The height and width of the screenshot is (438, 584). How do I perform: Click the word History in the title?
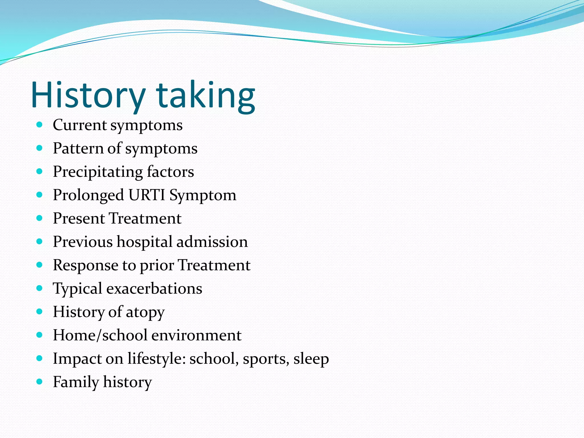coord(88,95)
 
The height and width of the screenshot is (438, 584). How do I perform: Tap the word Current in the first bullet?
coord(80,125)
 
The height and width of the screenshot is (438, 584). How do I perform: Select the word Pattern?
coord(78,148)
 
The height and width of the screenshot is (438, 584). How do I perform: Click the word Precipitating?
coord(98,172)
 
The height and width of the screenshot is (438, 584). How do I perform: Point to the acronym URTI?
coord(147,195)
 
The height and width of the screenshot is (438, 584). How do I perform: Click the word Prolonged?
coord(88,195)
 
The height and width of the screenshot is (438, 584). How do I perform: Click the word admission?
coord(212,242)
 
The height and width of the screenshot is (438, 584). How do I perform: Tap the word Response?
coord(86,265)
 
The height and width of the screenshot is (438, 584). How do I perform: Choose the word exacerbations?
coord(154,289)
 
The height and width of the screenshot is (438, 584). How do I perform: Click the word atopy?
coord(145,312)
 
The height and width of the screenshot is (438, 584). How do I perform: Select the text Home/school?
coord(100,335)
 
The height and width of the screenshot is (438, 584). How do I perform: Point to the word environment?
coord(196,335)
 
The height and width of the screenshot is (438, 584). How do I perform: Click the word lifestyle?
coord(157,358)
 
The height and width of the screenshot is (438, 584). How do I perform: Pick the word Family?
coord(76,382)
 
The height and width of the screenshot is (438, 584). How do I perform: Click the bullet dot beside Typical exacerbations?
coord(40,288)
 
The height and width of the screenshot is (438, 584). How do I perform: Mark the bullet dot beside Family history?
coord(40,382)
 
